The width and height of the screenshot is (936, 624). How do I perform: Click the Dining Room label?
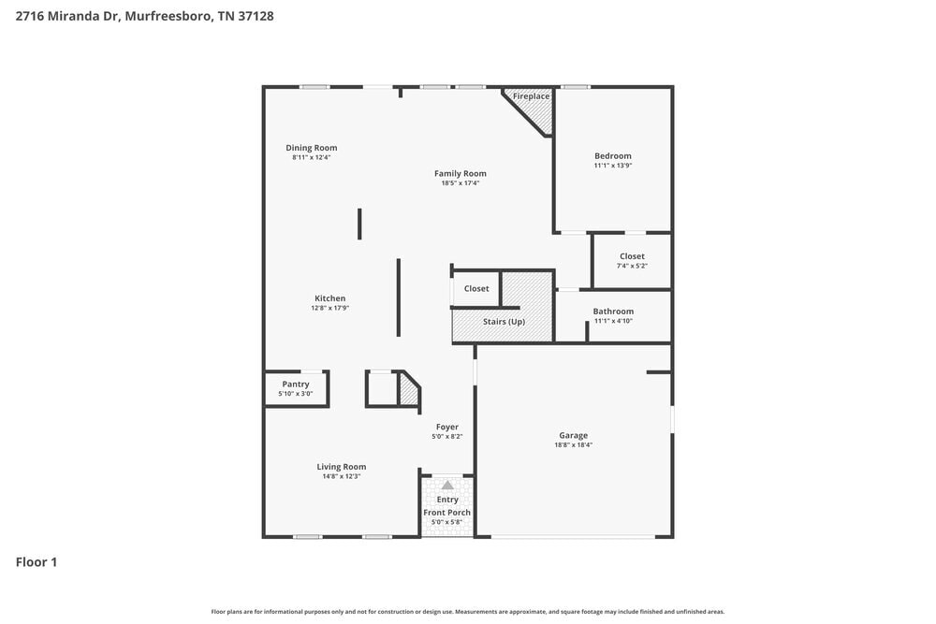pos(311,148)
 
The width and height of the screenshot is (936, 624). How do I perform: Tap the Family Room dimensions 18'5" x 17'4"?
pos(460,183)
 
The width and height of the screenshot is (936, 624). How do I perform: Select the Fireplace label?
pos(531,96)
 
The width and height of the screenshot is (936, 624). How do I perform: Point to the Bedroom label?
pos(612,156)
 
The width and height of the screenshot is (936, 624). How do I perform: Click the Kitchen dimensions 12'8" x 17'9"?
pos(329,308)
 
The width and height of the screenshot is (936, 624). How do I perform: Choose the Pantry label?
pos(296,385)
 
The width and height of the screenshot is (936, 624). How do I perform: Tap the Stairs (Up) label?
pos(504,322)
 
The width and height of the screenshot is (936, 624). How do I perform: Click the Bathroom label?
pos(613,312)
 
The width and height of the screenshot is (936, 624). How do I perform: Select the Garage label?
pos(573,435)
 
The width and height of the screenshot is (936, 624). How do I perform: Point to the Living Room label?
pos(341,467)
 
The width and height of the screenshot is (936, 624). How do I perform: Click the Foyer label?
pos(446,427)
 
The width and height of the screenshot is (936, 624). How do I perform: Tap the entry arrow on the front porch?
pos(447,486)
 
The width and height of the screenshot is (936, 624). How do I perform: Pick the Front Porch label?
pos(447,513)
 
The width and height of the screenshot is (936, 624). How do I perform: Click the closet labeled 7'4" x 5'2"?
pos(632,260)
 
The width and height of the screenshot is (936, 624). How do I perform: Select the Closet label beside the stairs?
pos(476,289)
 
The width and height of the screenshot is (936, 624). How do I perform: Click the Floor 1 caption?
pos(37,562)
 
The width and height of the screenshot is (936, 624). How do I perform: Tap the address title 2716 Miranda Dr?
pos(145,16)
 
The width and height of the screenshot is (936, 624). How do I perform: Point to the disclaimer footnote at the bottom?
pos(468,612)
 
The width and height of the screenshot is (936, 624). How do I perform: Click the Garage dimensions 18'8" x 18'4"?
pos(573,445)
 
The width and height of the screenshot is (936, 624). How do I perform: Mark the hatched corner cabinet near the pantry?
pos(408,389)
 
